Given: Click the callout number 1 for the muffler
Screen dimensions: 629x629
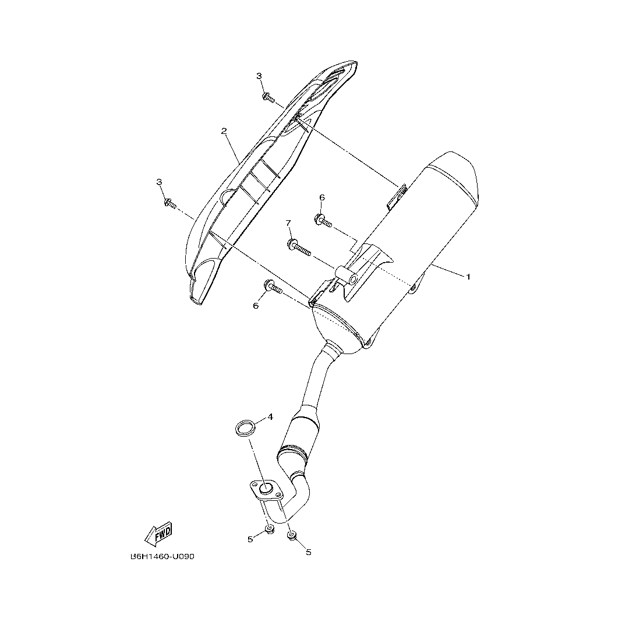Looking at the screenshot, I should pos(467,277).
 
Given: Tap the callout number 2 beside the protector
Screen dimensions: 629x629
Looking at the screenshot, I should pos(224,131).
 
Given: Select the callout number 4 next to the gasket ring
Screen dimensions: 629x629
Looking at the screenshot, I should pos(270,417).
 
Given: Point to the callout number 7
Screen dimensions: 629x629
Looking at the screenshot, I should pos(288,223).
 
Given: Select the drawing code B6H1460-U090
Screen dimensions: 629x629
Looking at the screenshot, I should pos(162,556).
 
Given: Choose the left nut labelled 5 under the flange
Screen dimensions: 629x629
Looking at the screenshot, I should pos(270,529).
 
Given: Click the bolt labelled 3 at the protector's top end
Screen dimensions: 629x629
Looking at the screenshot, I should pos(267,96).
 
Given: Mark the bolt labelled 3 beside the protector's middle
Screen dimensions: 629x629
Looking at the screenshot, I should pos(169,203).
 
